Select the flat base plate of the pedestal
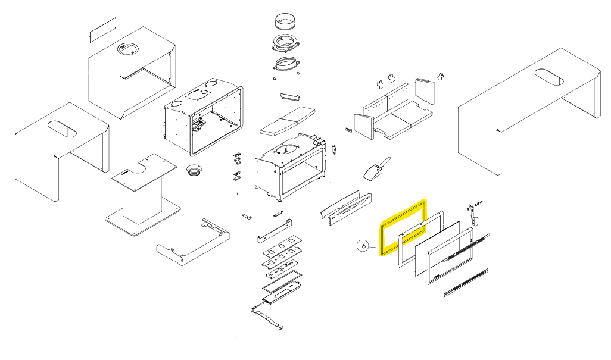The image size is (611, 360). pos(143,219)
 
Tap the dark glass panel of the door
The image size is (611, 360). pos(438,244)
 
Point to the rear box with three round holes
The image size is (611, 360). pos(202,115)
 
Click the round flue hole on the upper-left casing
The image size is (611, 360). pos(127,49)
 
